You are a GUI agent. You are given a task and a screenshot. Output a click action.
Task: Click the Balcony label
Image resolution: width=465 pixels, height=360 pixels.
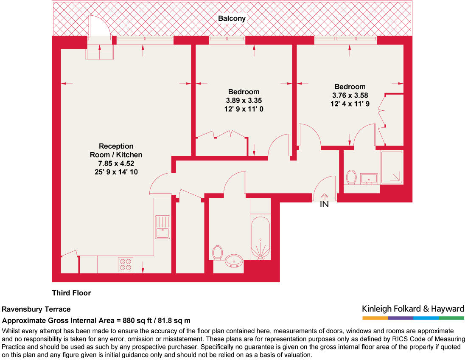point(232,19)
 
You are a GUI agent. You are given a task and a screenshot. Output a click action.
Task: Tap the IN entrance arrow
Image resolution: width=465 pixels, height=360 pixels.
point(324,200)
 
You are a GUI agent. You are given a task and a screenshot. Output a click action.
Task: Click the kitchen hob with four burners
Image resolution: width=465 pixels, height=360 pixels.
point(126,264)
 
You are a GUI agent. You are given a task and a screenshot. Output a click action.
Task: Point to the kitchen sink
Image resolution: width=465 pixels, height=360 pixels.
point(162,228)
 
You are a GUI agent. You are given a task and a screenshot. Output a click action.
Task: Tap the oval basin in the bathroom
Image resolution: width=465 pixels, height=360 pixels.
point(234,261)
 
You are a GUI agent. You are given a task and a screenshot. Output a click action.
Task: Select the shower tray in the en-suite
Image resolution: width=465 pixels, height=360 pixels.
point(392,167)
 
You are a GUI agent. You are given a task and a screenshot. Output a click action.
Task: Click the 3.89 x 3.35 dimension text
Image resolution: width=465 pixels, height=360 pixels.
point(244,101)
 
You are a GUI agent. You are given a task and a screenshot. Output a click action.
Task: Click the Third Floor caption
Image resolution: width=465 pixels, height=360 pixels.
point(71,293)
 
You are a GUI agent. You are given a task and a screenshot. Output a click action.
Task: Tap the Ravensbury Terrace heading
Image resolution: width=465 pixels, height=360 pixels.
point(36,309)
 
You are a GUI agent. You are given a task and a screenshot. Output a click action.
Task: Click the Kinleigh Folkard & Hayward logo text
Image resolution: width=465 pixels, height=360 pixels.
point(413,309)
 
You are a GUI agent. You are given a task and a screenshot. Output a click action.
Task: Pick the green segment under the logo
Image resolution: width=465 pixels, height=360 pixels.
point(451,318)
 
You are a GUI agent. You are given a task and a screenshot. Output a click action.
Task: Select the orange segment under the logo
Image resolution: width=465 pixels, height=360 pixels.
point(375,318)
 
